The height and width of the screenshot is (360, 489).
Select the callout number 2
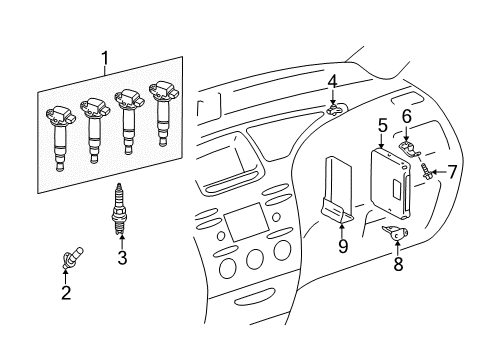pyautogui.click(x=66, y=292)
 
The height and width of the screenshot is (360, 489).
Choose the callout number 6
pyautogui.click(x=407, y=117)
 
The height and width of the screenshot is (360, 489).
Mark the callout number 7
pyautogui.click(x=452, y=172)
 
